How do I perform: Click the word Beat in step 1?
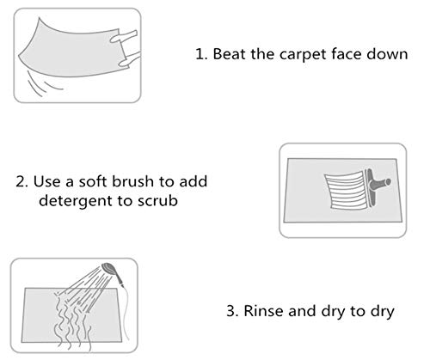coord(230,54)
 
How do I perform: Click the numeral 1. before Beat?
coord(201,54)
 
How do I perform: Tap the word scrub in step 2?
coord(157,200)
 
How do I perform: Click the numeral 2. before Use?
coord(21,181)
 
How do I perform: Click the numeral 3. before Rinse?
coord(232,311)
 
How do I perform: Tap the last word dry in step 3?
coord(383,312)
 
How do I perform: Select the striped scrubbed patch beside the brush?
coord(346,190)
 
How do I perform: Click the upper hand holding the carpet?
coord(124,36)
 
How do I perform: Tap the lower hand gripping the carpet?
coord(130,59)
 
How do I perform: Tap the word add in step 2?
coord(193,181)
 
